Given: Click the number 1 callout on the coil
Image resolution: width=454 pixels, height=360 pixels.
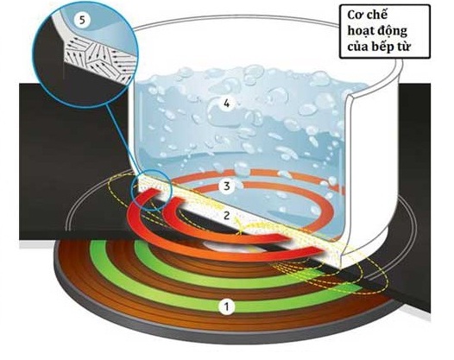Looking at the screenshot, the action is [x=226, y=306].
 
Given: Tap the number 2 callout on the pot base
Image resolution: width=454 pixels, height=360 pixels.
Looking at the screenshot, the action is [x=226, y=215].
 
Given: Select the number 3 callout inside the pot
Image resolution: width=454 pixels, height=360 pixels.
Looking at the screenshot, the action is [x=227, y=186].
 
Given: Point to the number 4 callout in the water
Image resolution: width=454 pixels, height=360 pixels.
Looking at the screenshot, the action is [x=227, y=103].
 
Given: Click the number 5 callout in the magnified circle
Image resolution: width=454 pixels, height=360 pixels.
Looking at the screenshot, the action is [x=83, y=20].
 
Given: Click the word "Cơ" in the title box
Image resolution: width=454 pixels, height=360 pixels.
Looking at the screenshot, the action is [x=354, y=15].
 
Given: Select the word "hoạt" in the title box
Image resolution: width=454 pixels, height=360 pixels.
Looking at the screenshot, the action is [x=360, y=31].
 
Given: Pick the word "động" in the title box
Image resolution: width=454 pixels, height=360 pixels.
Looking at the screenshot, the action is [x=393, y=31].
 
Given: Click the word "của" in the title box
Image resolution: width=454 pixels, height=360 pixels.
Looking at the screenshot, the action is [x=357, y=47].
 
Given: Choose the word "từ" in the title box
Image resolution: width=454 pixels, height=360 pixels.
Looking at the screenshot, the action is [x=404, y=47].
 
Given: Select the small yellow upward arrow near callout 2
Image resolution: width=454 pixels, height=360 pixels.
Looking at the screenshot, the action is [x=239, y=225].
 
